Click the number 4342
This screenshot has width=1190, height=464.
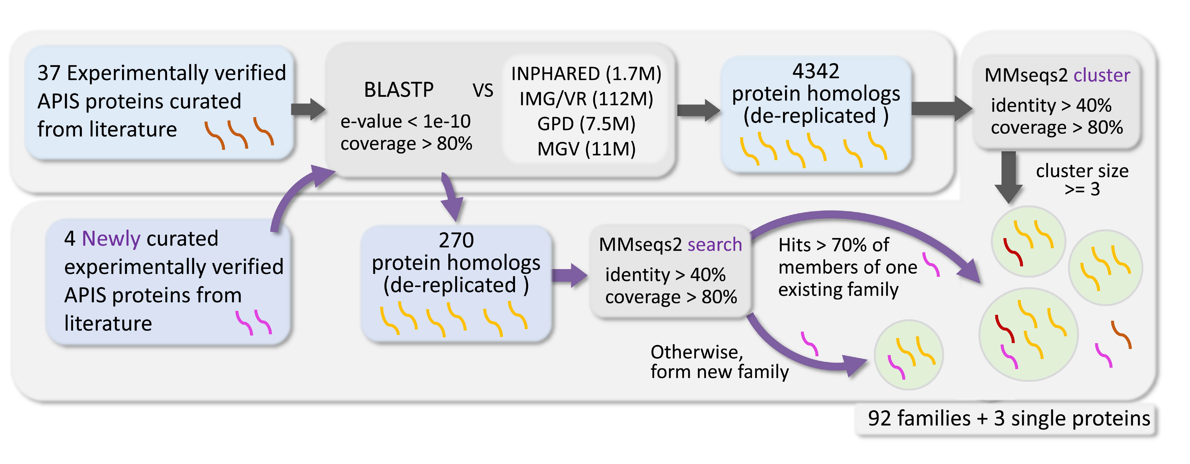[815, 72]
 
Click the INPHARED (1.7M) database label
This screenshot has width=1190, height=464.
[586, 74]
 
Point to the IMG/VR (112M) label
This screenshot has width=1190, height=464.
[586, 99]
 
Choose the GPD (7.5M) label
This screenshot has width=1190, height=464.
[586, 124]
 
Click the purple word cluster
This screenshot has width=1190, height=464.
[1102, 75]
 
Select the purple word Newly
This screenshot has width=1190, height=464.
[111, 239]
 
